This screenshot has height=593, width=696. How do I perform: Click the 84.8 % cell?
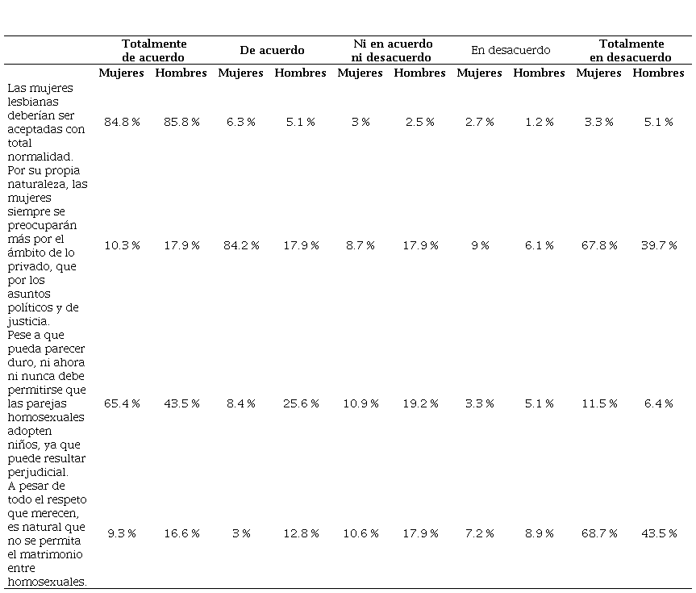[x=122, y=122]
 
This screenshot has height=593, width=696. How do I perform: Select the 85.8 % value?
[x=181, y=122]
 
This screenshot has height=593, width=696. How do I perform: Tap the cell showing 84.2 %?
[x=241, y=245]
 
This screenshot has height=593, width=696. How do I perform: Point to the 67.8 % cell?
[x=599, y=245]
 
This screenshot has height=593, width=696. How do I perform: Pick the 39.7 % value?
[x=659, y=245]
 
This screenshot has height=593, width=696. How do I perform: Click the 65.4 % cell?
[x=122, y=403]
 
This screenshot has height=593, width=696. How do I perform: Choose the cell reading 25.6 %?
[x=301, y=403]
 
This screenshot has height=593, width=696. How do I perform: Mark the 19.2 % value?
[x=420, y=403]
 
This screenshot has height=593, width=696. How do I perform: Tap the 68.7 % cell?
[x=599, y=533]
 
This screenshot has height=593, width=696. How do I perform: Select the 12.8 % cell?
[x=301, y=533]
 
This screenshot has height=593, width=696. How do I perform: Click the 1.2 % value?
[x=540, y=122]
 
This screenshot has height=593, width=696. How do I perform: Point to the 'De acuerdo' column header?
[x=272, y=50]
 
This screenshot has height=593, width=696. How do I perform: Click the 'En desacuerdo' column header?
[x=511, y=50]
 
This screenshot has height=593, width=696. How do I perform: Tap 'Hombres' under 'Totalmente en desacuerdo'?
[x=658, y=73]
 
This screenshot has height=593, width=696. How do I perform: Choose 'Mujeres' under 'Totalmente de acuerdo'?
[x=121, y=73]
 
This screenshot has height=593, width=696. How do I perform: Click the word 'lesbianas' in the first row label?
[x=33, y=102]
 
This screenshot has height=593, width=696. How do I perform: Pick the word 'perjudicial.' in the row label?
[x=38, y=473]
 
